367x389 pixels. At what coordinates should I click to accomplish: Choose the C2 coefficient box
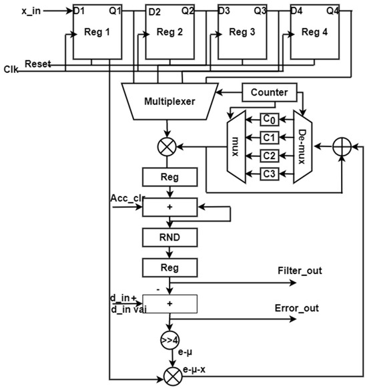tap(269, 156)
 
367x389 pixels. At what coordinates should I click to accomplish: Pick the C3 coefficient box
tap(269, 174)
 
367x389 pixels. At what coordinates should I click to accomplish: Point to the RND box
tap(169, 238)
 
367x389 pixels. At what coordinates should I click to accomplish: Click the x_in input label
tap(31, 11)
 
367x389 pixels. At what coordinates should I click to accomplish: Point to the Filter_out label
tap(299, 271)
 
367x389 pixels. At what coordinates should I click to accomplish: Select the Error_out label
tap(297, 308)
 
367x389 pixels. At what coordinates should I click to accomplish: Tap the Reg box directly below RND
tap(169, 267)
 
